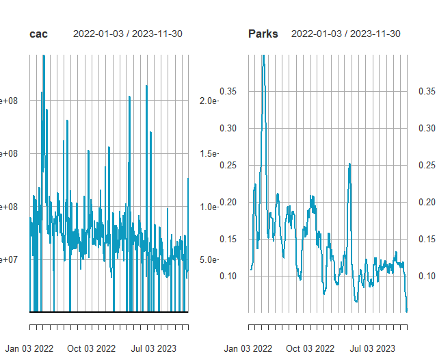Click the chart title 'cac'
[x=38, y=34]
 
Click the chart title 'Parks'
[x=263, y=34]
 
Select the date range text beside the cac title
[x=127, y=34]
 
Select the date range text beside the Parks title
[x=346, y=34]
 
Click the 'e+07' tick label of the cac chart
[x=8, y=259]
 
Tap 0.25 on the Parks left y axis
[x=228, y=165]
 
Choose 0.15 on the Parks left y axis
[x=228, y=239]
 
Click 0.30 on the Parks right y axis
[x=428, y=128]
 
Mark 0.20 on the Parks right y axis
[x=428, y=202]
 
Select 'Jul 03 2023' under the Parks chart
[x=372, y=348]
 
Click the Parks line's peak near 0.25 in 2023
[x=349, y=164]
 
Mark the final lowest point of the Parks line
[x=407, y=311]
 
